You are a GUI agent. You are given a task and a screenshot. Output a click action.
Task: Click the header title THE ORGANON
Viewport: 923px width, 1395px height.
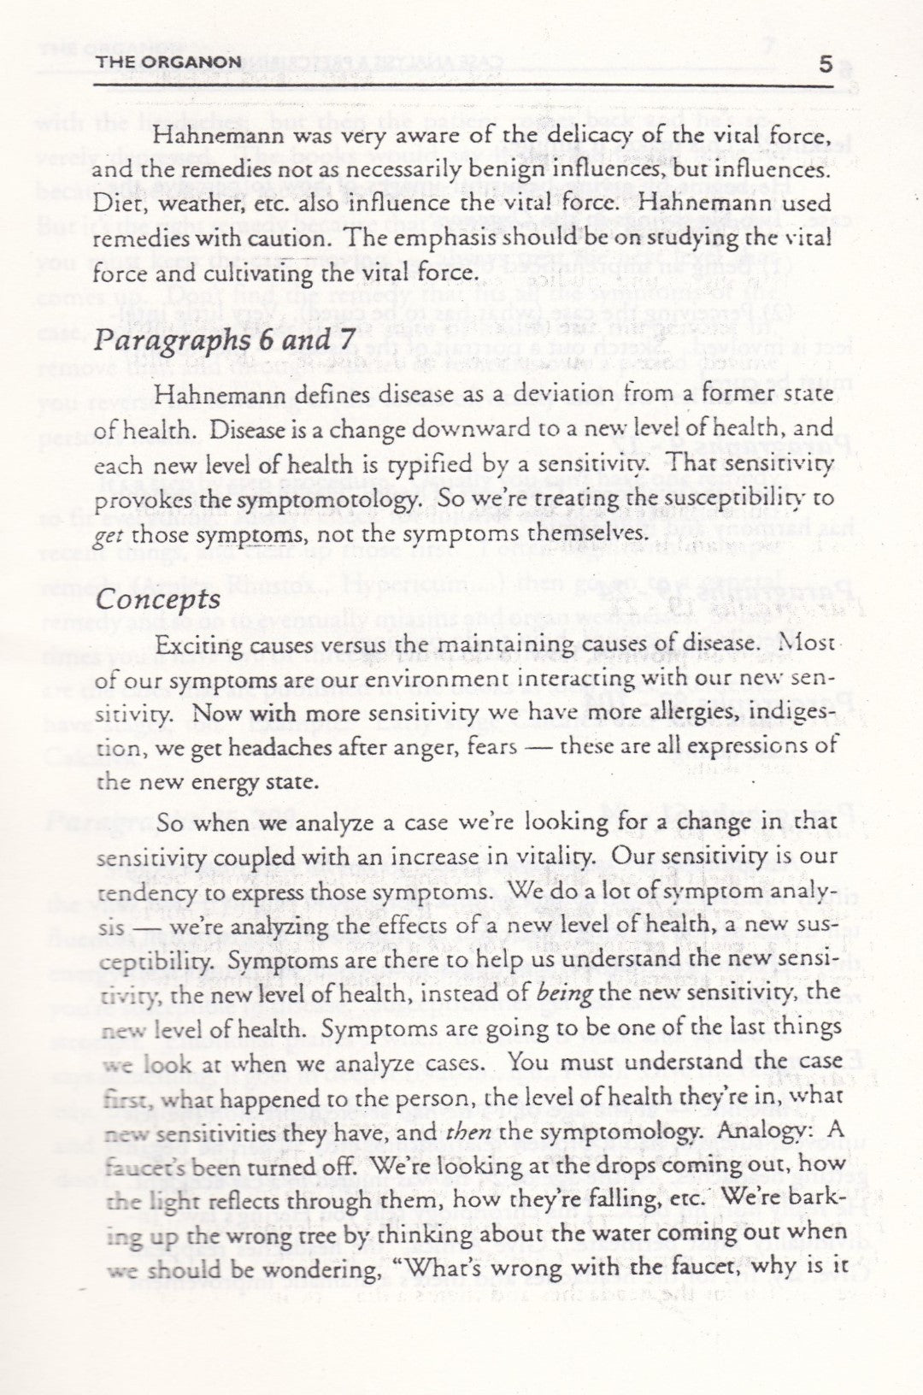[170, 62]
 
